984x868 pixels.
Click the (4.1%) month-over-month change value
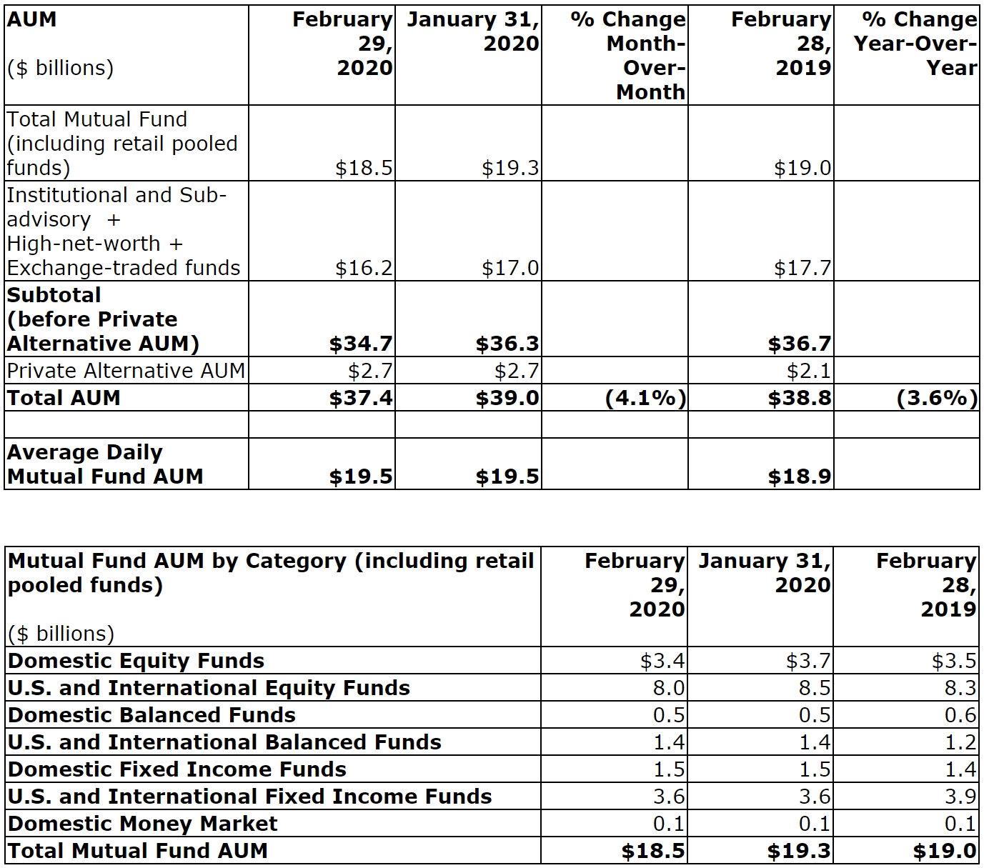[x=645, y=398]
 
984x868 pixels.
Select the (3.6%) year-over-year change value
[x=937, y=398]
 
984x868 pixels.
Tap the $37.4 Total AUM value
[x=361, y=398]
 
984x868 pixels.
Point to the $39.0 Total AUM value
[x=507, y=398]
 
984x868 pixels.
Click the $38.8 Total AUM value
[x=800, y=398]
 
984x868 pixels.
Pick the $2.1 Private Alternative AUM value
[x=809, y=371]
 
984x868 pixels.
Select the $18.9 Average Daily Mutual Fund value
[x=800, y=477]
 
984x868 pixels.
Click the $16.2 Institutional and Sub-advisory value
[x=364, y=268]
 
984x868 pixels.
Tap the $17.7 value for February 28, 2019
[x=802, y=268]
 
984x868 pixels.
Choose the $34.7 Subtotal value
[x=361, y=344]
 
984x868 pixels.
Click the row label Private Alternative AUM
[x=126, y=371]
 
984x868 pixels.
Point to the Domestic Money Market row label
[x=142, y=824]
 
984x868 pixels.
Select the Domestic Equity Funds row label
[x=136, y=661]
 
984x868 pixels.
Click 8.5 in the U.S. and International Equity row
[x=815, y=688]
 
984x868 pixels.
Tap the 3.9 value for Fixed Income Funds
[x=960, y=797]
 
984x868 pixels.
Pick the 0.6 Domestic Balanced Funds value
[x=960, y=715]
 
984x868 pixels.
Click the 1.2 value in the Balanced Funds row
[x=960, y=742]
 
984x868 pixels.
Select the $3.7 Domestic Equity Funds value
[x=808, y=661]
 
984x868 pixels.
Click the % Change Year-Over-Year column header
[x=915, y=44]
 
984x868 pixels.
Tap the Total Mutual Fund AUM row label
[x=138, y=851]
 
